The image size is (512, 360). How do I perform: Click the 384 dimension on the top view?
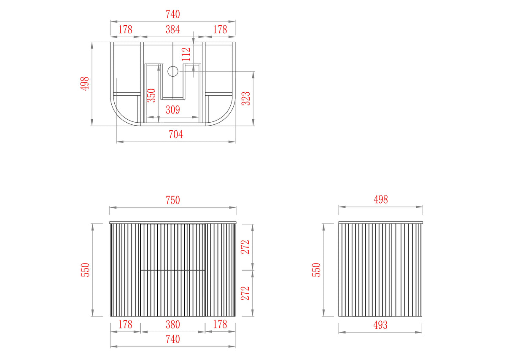173,30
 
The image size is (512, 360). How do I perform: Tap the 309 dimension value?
173,110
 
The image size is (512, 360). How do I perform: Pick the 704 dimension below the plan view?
176,134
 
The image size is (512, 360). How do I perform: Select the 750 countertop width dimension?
173,200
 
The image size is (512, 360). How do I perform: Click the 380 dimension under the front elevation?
173,325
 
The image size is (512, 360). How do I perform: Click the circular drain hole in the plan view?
173,71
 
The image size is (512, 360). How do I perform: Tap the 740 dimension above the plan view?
173,14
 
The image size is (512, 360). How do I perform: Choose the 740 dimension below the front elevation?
173,339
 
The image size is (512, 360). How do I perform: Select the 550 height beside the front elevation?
85,270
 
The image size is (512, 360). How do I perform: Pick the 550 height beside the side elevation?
316,270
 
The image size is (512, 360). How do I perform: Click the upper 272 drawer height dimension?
246,247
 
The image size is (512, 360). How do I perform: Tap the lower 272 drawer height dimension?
246,293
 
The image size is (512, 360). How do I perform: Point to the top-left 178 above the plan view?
125,30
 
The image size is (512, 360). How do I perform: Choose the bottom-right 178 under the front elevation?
220,325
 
